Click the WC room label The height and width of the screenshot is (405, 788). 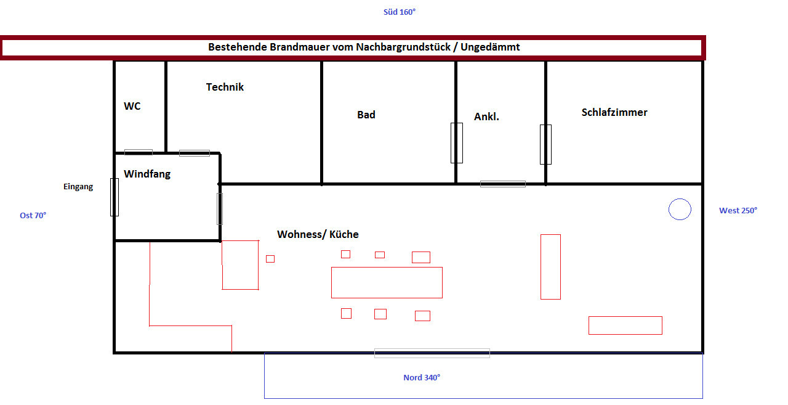[132, 106]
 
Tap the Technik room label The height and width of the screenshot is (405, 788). [225, 87]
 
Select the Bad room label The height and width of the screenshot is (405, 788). [366, 115]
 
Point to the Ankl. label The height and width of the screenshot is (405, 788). [486, 117]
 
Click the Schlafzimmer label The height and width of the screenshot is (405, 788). [614, 112]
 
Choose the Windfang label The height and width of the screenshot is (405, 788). [147, 174]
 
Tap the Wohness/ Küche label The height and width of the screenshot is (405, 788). [318, 234]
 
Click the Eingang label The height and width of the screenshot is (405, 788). [78, 187]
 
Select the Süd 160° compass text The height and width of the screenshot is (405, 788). [400, 12]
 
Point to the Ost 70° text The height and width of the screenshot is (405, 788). [33, 215]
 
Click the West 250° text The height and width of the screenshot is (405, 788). [738, 210]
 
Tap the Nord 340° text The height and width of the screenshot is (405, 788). [422, 377]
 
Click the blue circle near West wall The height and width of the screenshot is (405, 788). [680, 210]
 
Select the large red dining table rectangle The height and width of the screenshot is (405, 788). [387, 282]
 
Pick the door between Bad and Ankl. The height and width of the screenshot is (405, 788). [456, 143]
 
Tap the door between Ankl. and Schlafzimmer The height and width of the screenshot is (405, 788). [545, 144]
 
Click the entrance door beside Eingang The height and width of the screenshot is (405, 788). [115, 197]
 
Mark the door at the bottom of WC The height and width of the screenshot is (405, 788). [139, 152]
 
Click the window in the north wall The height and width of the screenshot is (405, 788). [432, 353]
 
